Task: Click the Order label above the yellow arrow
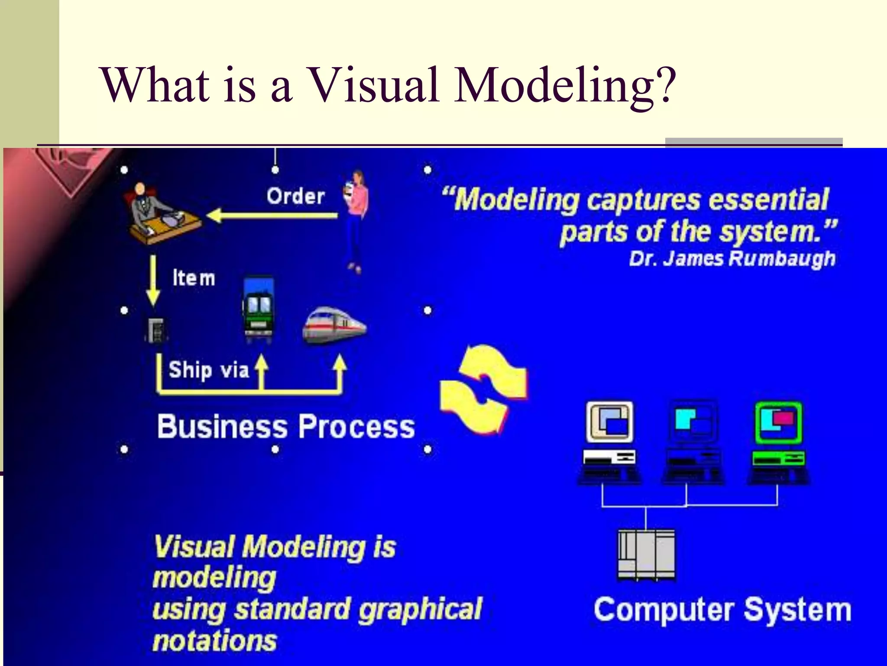click(x=295, y=196)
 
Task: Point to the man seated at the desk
click(x=145, y=204)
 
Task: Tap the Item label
click(x=194, y=278)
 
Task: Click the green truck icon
click(x=258, y=309)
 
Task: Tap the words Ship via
click(x=208, y=370)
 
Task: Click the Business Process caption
click(x=286, y=426)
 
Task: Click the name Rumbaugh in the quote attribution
click(x=782, y=259)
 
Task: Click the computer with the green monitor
click(x=778, y=442)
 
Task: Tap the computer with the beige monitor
click(x=609, y=442)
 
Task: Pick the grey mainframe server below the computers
click(x=646, y=555)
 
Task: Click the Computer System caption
click(x=722, y=610)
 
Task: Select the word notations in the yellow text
click(x=214, y=641)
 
